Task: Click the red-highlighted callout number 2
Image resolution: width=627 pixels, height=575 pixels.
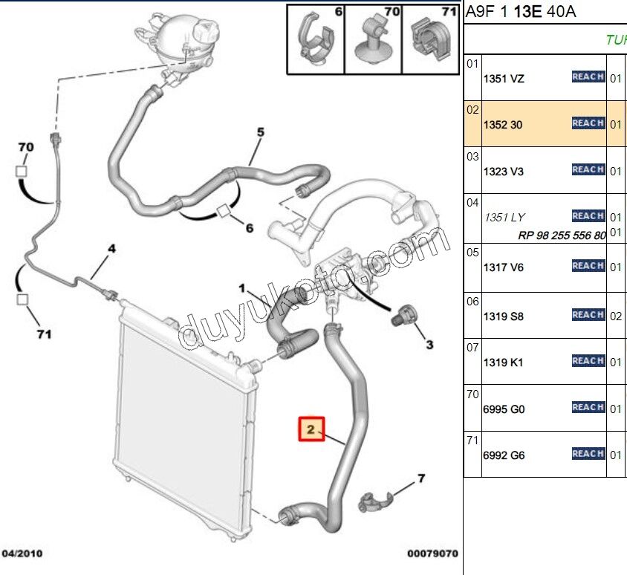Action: tap(311, 429)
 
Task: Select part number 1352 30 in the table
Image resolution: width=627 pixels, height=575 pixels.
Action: tap(503, 125)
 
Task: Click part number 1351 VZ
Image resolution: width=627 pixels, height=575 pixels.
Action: tap(504, 79)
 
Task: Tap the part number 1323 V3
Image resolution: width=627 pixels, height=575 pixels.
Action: tap(504, 172)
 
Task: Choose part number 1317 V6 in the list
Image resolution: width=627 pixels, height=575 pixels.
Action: tap(504, 267)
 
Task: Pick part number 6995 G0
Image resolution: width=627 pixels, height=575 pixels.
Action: tap(504, 409)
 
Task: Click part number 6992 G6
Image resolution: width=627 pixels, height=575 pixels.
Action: tap(504, 455)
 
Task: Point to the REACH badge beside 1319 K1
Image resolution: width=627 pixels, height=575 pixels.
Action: tap(588, 361)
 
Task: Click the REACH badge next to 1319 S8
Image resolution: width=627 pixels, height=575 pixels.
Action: tap(588, 315)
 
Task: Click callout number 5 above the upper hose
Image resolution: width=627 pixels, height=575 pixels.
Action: tap(261, 133)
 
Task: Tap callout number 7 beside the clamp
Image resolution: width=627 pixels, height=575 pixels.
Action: tap(420, 478)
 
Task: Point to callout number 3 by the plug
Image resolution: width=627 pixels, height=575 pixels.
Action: tap(429, 345)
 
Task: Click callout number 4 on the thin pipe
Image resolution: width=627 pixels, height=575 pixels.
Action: tap(112, 249)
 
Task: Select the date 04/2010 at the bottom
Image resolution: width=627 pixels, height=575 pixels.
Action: tap(23, 554)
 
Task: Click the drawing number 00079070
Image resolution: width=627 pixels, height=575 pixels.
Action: tap(432, 554)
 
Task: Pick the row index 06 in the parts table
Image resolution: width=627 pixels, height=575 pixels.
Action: tap(472, 301)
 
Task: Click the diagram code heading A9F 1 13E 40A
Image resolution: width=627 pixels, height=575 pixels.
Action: tap(521, 11)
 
